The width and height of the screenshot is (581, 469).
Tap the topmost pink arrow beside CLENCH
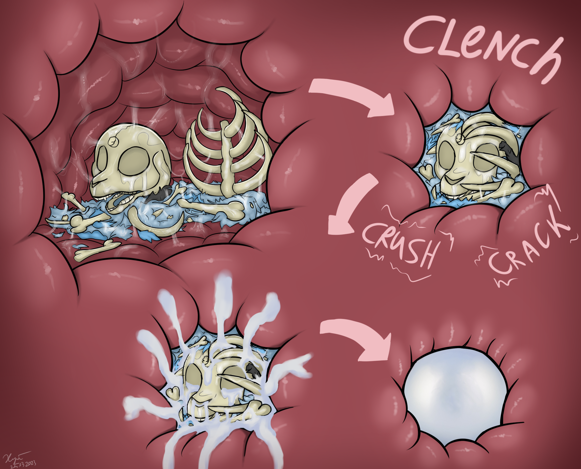pos(354,96)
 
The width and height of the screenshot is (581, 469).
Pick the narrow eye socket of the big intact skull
pos(103,159)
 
